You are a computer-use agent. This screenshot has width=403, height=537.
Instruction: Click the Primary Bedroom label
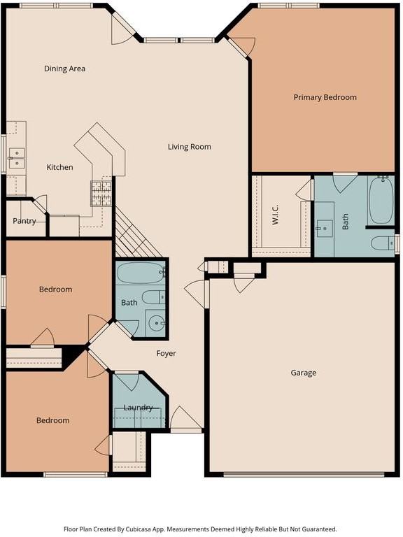point(325,97)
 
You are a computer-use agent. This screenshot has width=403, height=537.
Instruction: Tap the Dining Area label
point(65,69)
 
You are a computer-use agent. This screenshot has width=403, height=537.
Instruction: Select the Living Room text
point(190,147)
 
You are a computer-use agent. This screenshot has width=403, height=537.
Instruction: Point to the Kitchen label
point(59,167)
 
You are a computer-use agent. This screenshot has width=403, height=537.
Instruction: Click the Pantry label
point(24,221)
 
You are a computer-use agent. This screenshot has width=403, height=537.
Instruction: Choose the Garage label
point(303,373)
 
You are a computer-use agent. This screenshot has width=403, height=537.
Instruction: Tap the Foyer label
point(167,353)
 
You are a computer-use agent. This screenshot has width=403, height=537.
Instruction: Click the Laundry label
point(138,408)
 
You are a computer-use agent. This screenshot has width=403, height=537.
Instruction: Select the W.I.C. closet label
point(276,215)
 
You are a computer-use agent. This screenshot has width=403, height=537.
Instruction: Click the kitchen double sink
point(17,158)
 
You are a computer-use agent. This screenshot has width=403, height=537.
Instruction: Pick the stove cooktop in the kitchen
point(101,194)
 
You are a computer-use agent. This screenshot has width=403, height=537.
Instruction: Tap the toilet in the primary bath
point(383,243)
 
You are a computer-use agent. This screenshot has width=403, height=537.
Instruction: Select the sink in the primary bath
point(324,229)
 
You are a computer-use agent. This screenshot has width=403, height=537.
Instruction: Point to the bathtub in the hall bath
point(141,273)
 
